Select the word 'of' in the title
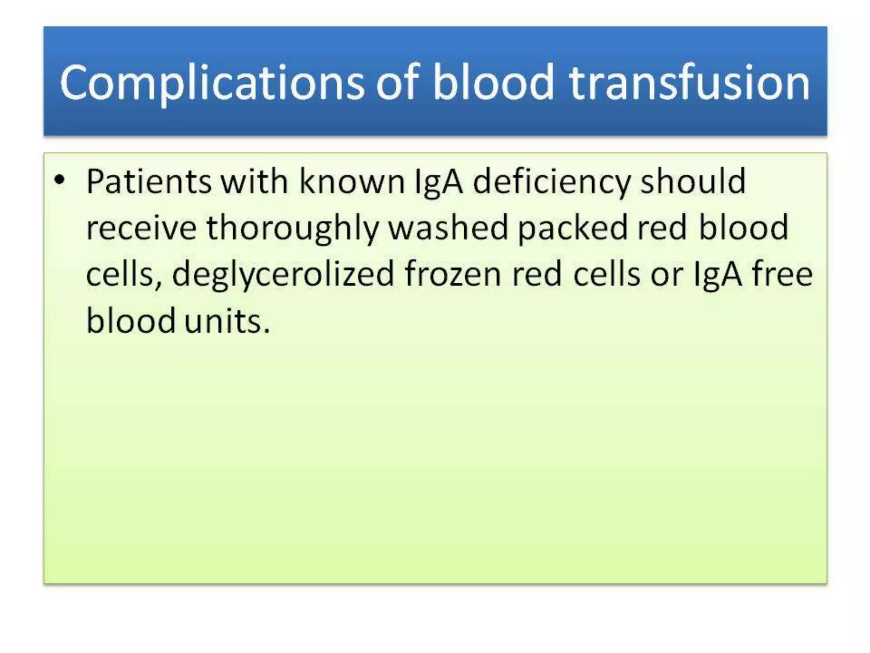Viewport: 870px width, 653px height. point(398,83)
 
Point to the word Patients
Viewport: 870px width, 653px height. point(149,182)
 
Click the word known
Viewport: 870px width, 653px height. point(352,182)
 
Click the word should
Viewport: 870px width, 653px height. point(693,182)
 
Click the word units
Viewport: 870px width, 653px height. point(227,321)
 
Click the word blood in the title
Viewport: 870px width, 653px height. point(493,83)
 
